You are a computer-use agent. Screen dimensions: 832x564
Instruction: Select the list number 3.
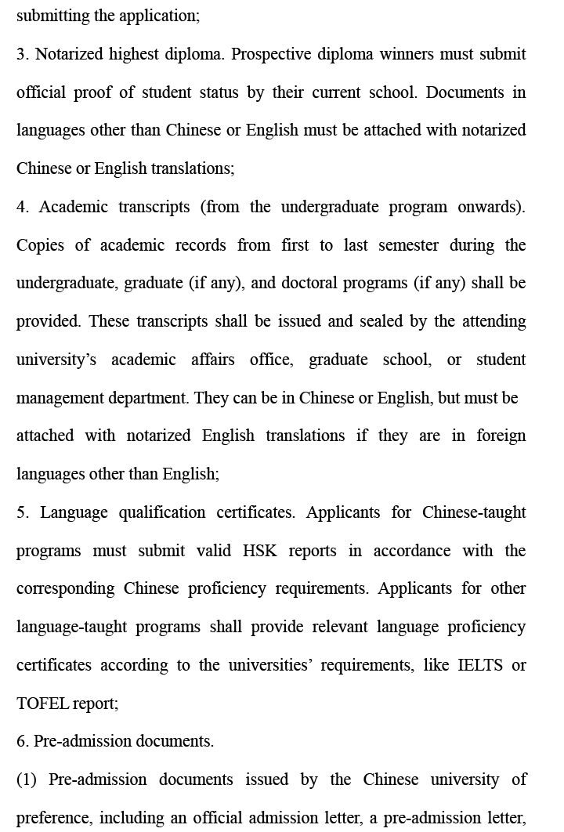tap(22, 54)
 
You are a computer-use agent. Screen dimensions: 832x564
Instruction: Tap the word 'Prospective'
tap(271, 54)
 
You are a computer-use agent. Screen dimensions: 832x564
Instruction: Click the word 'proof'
tap(92, 92)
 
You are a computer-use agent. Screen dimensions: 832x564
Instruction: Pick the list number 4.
tap(22, 207)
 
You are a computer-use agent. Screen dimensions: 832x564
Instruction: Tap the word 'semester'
tap(408, 245)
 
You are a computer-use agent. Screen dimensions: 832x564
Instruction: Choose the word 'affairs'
tap(214, 360)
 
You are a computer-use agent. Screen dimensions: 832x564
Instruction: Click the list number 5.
tap(22, 512)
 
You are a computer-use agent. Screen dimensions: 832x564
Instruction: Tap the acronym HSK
tap(259, 551)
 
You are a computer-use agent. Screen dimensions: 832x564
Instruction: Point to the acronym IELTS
tap(479, 665)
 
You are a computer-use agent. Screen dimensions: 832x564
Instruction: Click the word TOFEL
tap(42, 704)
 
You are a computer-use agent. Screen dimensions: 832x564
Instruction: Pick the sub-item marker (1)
tap(27, 780)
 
